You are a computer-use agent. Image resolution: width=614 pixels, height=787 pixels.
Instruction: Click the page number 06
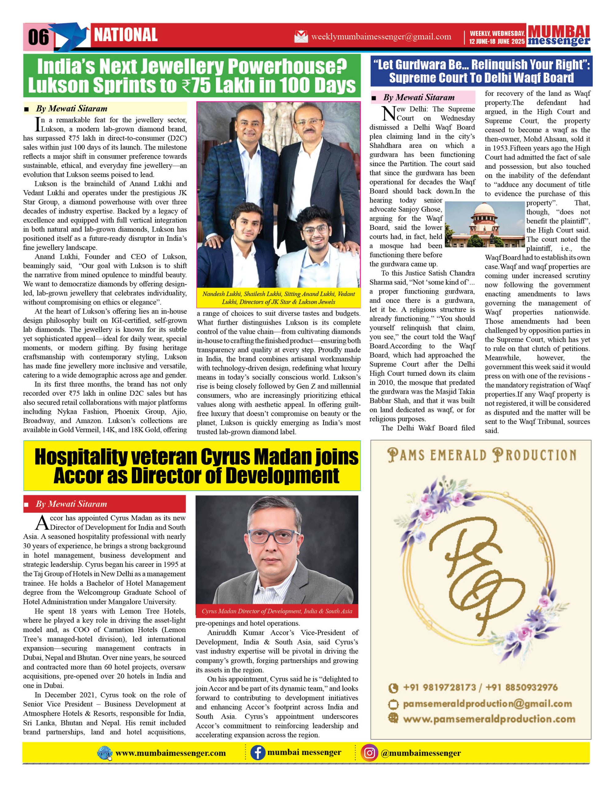[x=38, y=37]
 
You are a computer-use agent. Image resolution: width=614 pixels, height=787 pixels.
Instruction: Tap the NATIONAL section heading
[x=126, y=35]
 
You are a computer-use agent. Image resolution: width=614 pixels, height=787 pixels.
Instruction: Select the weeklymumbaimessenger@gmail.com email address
[x=381, y=37]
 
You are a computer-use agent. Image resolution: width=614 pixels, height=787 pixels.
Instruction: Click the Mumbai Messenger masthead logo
[x=559, y=36]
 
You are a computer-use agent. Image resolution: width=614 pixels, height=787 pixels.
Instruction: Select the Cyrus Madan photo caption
[x=277, y=611]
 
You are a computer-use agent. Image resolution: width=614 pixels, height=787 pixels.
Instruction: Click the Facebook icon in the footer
[x=257, y=753]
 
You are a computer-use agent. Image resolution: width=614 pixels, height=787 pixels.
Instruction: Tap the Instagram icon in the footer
[x=369, y=753]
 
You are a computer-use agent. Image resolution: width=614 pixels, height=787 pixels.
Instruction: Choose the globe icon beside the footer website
[x=105, y=753]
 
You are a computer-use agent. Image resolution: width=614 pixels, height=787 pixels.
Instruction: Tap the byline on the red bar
[x=71, y=504]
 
